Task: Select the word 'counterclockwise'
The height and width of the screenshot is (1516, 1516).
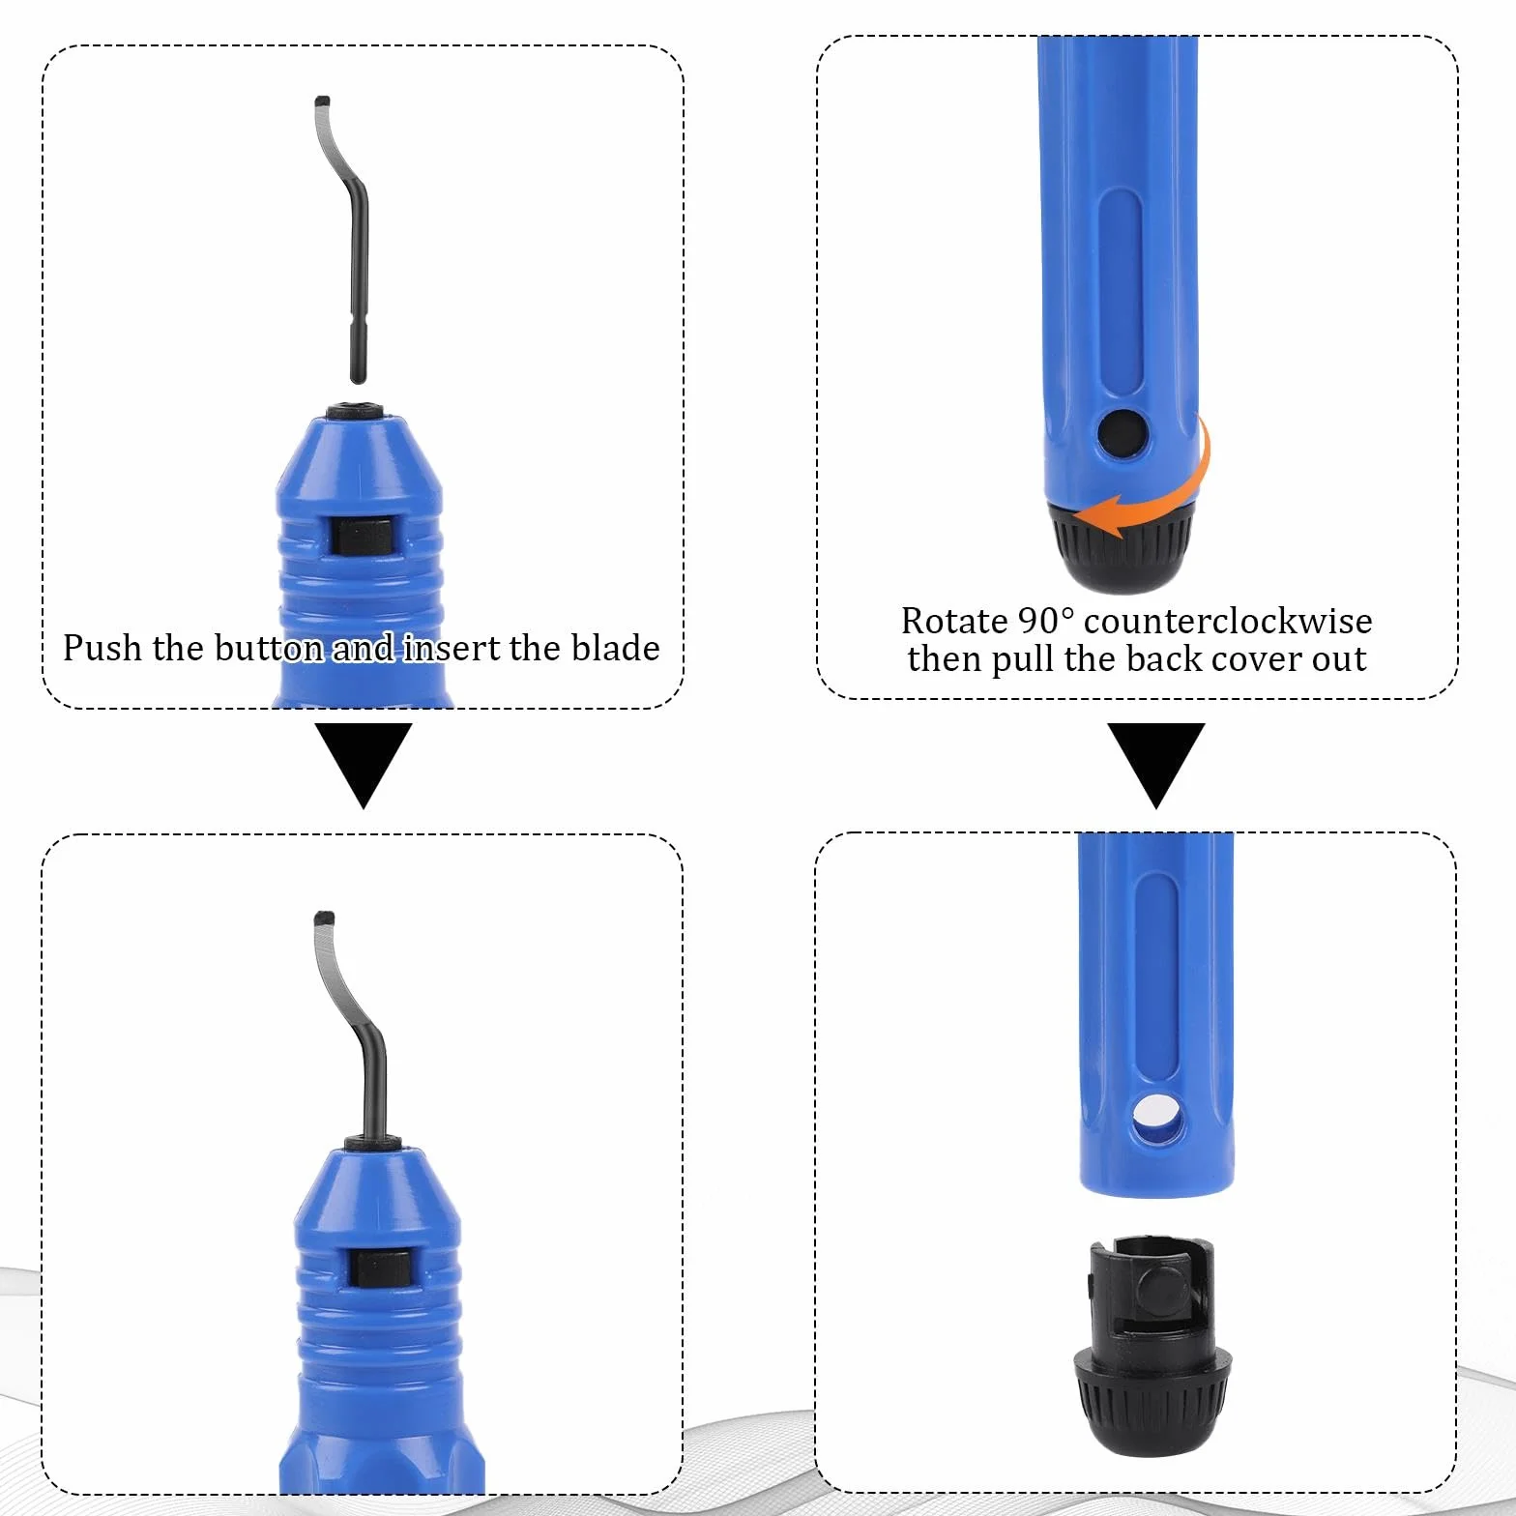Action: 1228,620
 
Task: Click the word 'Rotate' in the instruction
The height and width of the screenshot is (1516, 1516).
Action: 954,620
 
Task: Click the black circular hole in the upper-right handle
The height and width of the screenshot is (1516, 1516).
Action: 1122,433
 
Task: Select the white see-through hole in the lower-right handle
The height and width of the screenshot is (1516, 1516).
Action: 1156,1117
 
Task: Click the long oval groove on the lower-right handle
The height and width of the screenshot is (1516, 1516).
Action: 1156,977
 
